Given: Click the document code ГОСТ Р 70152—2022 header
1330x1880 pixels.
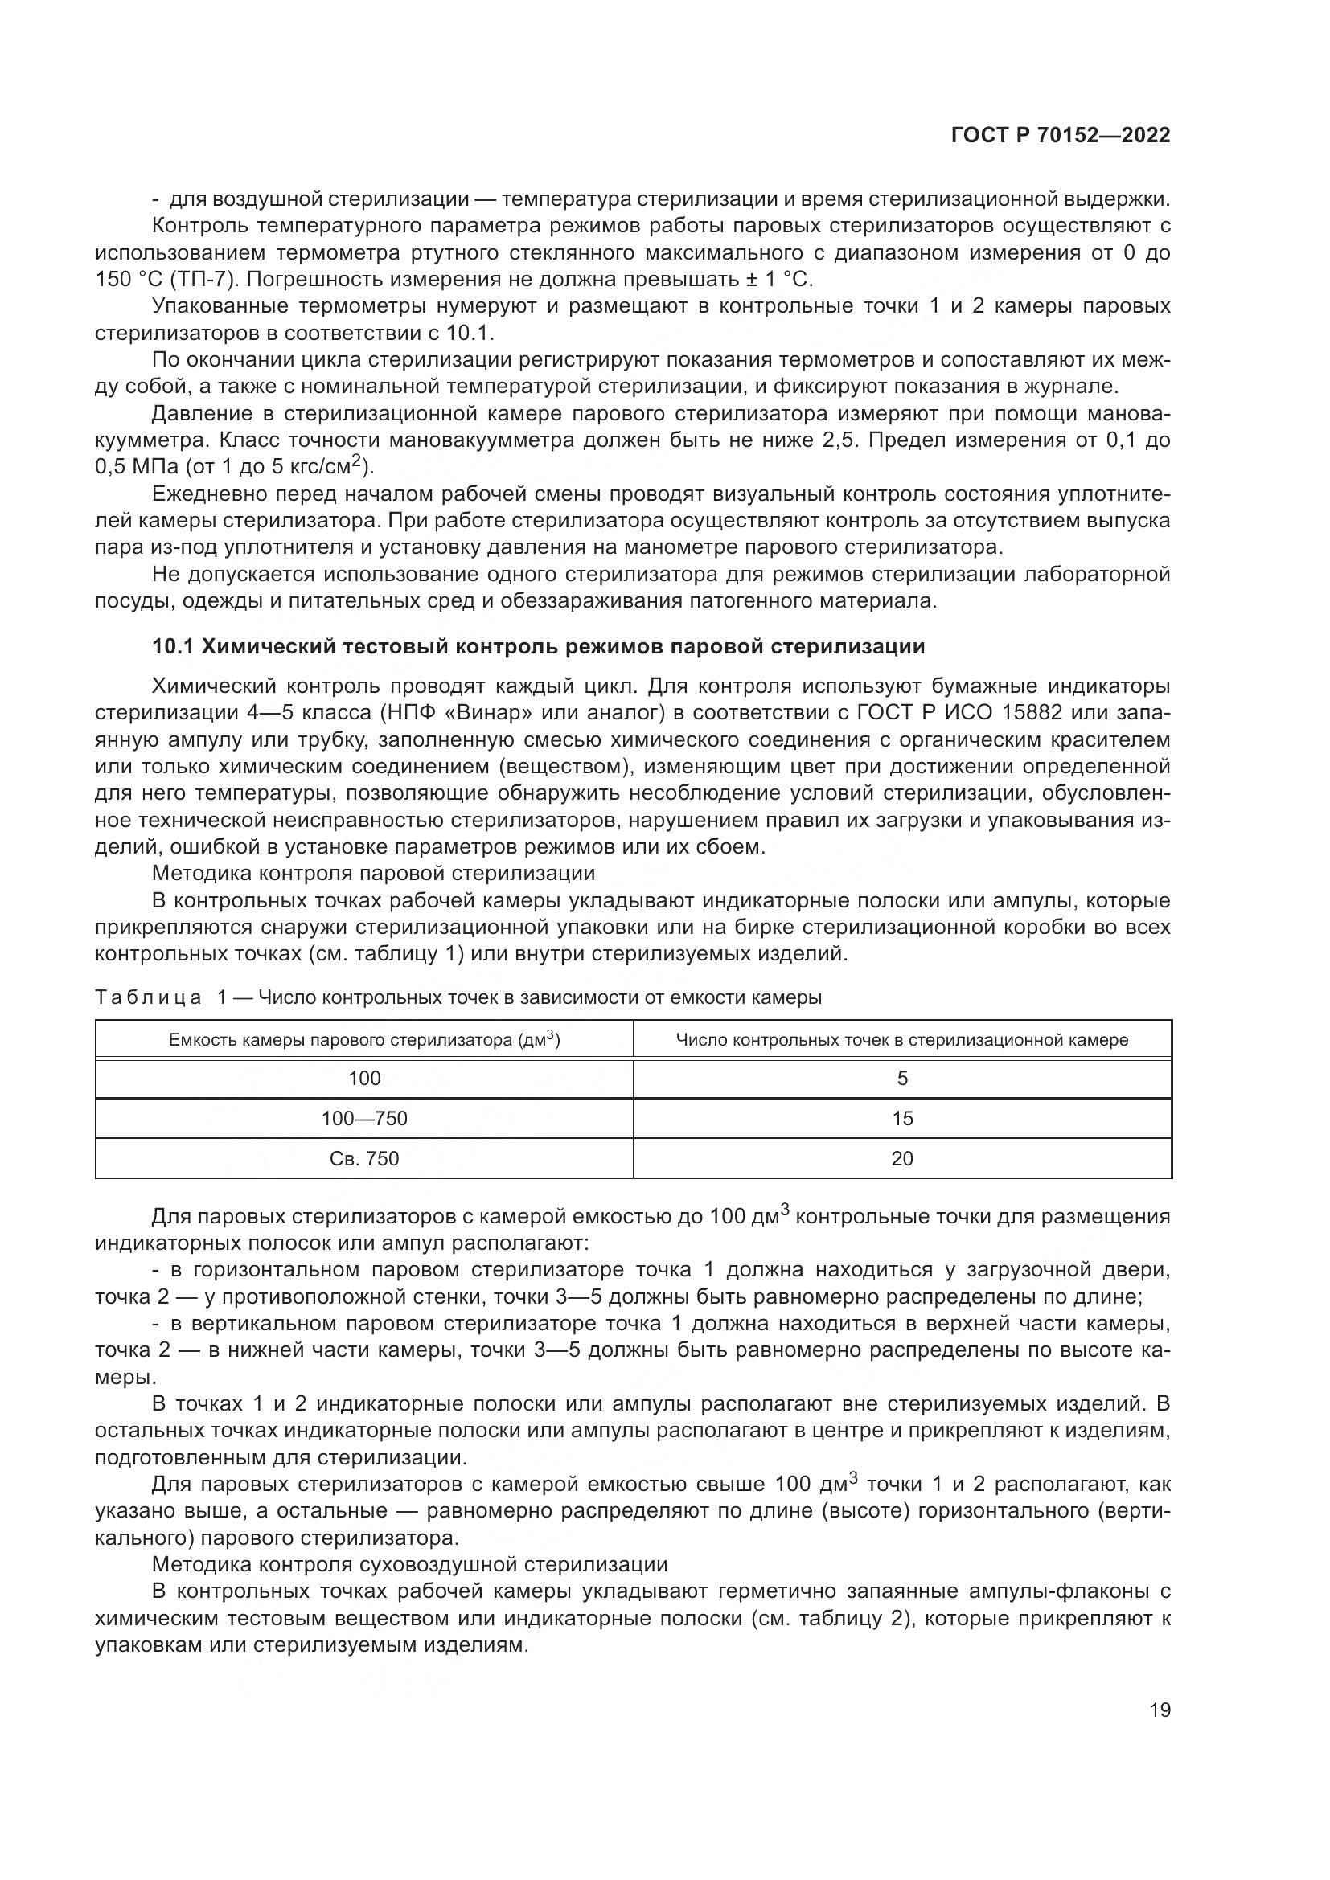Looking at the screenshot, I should (x=1060, y=136).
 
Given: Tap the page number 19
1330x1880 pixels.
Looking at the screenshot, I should (x=1160, y=1710).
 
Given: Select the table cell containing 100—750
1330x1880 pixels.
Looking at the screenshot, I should (x=364, y=1119).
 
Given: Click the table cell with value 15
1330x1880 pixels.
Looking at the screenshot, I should (x=901, y=1119).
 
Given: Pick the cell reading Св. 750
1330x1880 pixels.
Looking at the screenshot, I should (x=364, y=1159).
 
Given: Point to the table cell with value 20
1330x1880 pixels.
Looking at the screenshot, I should (x=901, y=1159).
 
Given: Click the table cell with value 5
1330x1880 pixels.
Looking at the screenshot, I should (x=901, y=1079).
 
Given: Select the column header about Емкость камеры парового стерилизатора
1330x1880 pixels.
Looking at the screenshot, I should (x=364, y=1040).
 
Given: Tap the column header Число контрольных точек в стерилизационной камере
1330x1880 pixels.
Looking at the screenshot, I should (x=901, y=1040).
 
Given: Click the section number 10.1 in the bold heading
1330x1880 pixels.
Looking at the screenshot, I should (x=173, y=647).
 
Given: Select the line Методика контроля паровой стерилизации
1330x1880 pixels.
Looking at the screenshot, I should (x=373, y=874).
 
